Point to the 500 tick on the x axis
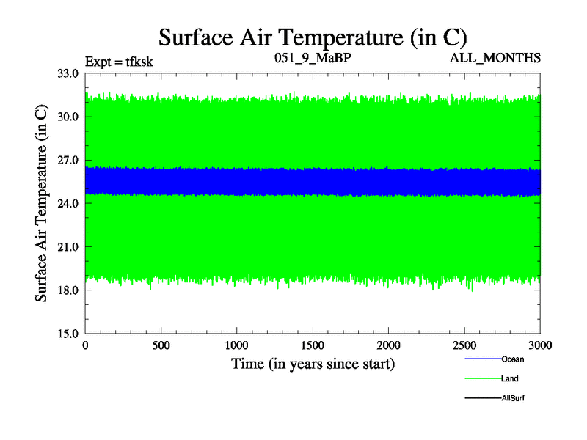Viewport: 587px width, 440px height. [x=162, y=345]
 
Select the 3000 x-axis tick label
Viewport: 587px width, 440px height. [x=539, y=345]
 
